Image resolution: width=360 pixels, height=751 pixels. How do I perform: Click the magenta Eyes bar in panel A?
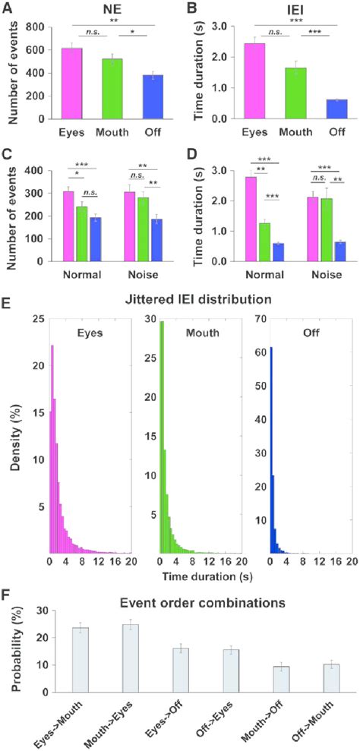(x=71, y=84)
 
